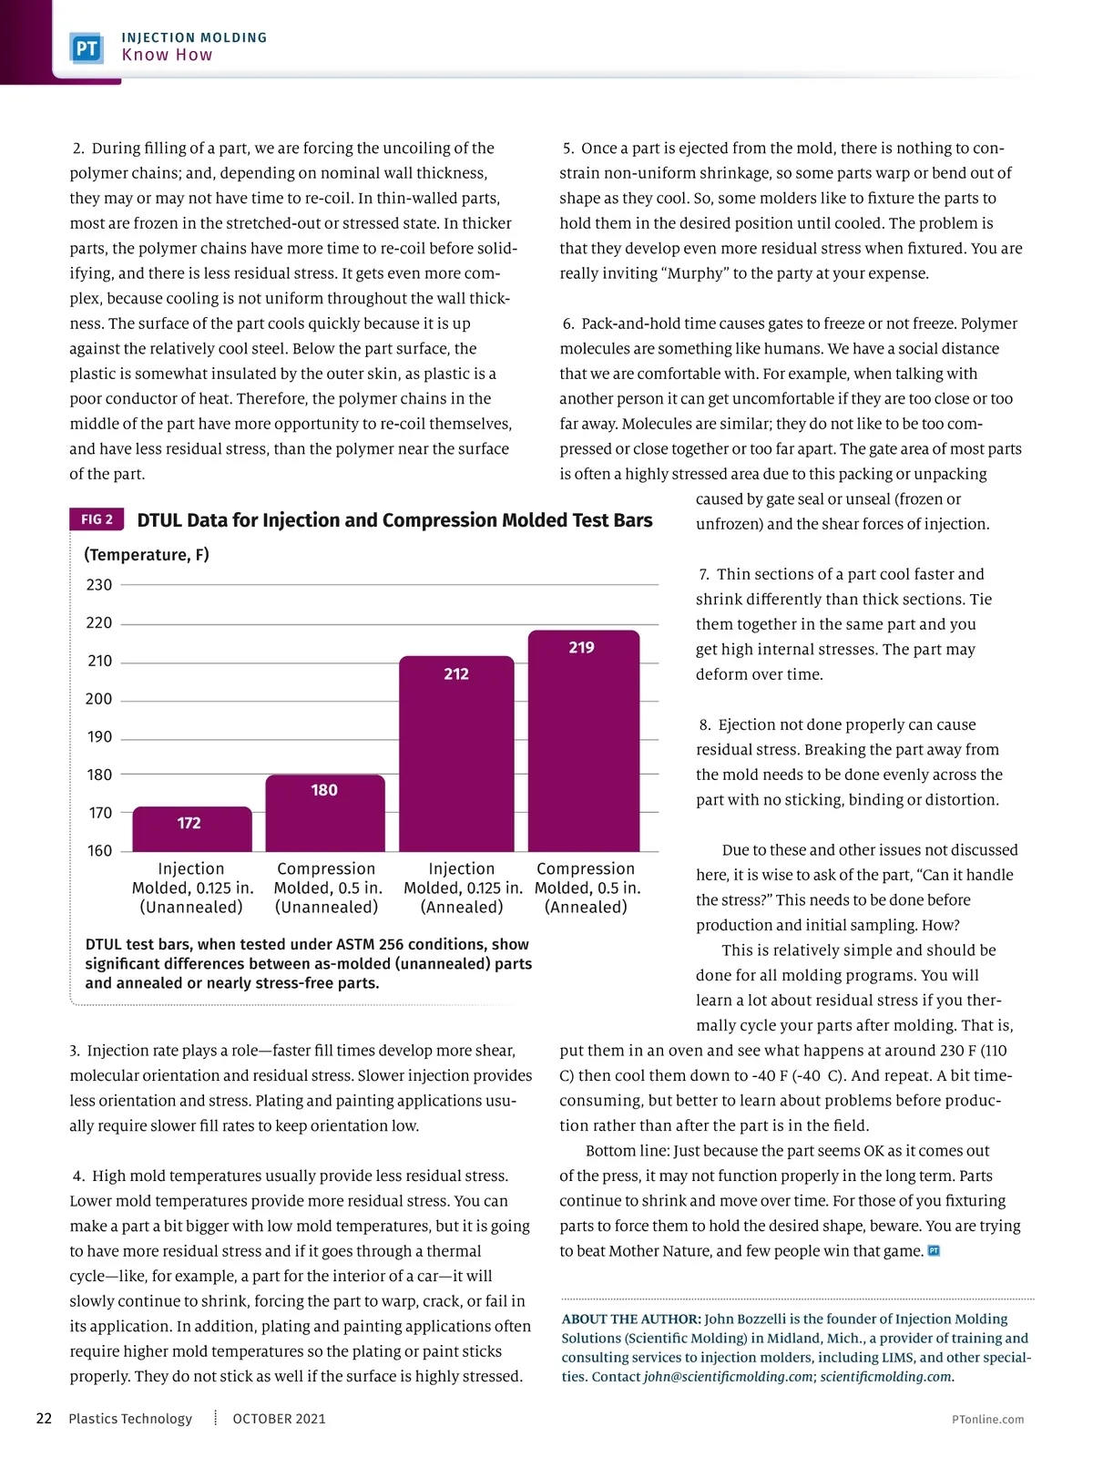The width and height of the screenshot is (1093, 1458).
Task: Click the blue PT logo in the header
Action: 87,47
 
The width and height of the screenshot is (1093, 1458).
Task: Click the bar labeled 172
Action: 192,828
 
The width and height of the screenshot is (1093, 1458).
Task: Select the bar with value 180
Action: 325,813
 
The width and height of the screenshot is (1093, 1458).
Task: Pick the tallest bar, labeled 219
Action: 584,740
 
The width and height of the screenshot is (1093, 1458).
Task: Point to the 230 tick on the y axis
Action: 99,585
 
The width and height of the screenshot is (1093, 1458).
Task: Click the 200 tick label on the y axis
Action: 99,699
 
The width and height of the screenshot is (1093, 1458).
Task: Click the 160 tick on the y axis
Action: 99,851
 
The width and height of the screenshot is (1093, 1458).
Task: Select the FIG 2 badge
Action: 97,519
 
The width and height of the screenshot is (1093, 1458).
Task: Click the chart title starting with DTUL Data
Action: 394,520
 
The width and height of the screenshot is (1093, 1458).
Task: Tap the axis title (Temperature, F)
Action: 147,555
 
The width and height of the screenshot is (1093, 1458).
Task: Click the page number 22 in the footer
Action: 44,1418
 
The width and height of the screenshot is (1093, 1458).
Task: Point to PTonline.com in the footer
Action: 987,1419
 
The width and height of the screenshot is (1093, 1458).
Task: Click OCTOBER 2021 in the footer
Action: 279,1418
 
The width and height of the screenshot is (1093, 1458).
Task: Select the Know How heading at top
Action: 168,55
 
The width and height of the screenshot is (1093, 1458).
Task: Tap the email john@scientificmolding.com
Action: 728,1376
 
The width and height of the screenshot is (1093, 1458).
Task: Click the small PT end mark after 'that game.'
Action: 934,1250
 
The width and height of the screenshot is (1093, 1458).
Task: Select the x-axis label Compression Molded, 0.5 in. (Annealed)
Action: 586,888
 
